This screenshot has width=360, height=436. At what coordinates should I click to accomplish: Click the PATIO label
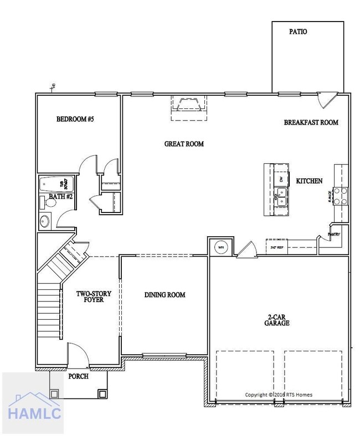click(x=298, y=32)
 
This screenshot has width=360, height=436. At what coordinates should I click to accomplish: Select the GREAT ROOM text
click(x=184, y=144)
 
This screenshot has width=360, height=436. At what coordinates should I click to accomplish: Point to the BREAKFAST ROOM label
click(x=311, y=122)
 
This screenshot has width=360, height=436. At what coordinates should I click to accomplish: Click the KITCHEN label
click(x=309, y=181)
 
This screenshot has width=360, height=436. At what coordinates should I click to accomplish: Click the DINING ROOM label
click(x=164, y=295)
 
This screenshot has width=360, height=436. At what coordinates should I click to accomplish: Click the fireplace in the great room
click(x=188, y=105)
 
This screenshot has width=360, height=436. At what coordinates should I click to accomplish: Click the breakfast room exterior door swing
click(x=327, y=100)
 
